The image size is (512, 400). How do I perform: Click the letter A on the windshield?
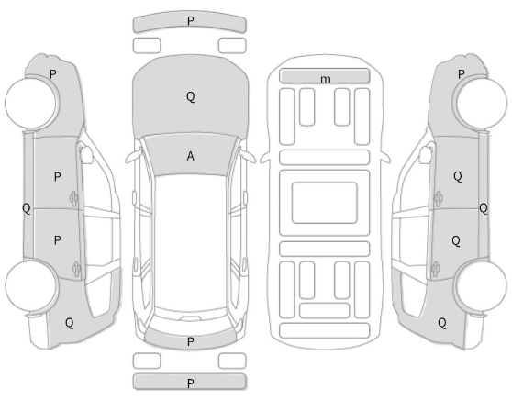(x=190, y=156)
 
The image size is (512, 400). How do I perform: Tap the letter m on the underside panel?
(x=325, y=79)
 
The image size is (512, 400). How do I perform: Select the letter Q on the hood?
(x=191, y=97)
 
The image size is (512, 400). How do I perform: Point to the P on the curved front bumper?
(x=190, y=21)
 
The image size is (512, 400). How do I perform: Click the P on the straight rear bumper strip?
(x=190, y=383)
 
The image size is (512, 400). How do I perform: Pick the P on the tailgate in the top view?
(x=190, y=342)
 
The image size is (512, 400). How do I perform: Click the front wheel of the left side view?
(x=31, y=103)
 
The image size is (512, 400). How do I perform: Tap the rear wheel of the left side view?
(x=31, y=285)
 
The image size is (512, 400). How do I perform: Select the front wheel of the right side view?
(x=482, y=103)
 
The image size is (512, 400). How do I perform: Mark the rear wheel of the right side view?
(x=482, y=285)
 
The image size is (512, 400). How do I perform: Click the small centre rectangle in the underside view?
(x=324, y=203)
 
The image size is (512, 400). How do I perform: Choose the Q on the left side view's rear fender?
(x=69, y=323)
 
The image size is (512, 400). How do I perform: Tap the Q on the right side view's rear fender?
(x=441, y=323)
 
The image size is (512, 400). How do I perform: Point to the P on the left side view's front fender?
(x=53, y=74)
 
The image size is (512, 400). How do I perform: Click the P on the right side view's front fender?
(x=461, y=74)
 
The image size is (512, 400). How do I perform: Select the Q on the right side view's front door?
(x=458, y=177)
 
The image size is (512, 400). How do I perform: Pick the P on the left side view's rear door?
(x=57, y=240)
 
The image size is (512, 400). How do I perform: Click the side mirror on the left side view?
(x=85, y=154)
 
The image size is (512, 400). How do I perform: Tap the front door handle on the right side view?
(x=438, y=198)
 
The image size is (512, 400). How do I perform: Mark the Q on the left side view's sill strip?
(x=27, y=208)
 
